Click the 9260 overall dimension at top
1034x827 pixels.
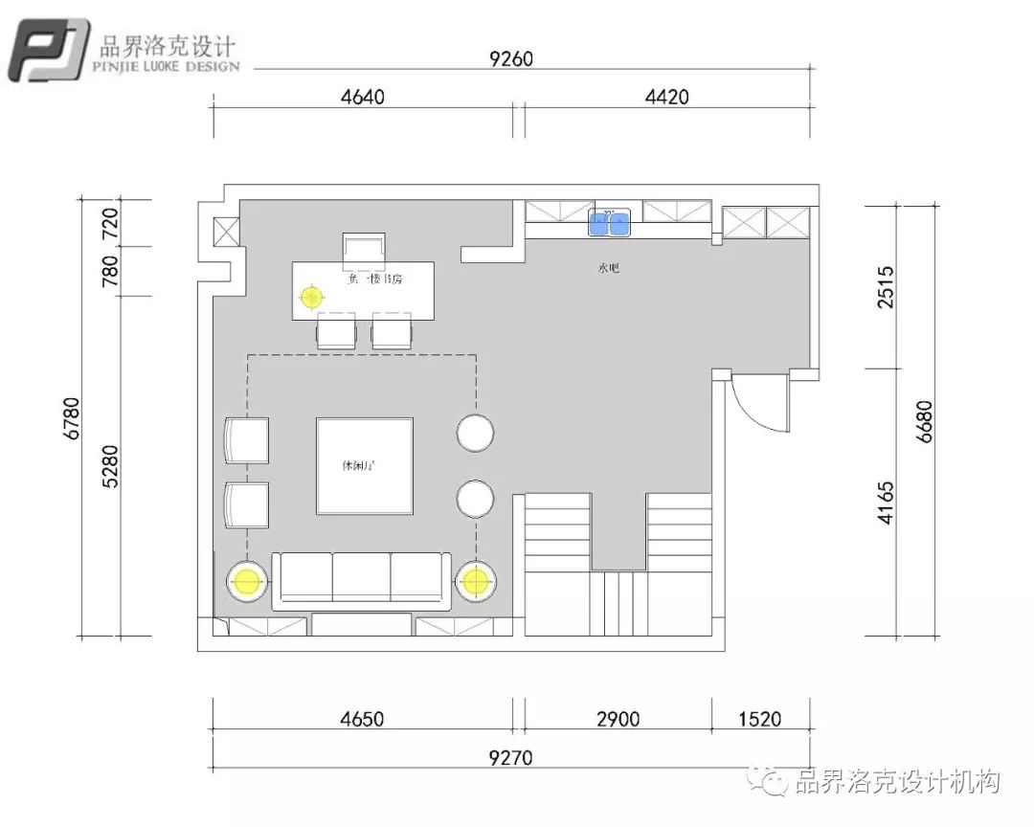pyautogui.click(x=510, y=59)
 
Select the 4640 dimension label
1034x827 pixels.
pyautogui.click(x=363, y=96)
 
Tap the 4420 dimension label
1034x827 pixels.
pyautogui.click(x=666, y=96)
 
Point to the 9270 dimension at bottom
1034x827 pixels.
pyautogui.click(x=510, y=758)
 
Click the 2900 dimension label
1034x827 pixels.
pyautogui.click(x=618, y=719)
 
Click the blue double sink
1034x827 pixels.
pyautogui.click(x=609, y=223)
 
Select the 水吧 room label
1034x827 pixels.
pyautogui.click(x=609, y=269)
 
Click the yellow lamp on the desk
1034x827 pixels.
pyautogui.click(x=310, y=297)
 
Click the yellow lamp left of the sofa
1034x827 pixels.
pyautogui.click(x=247, y=580)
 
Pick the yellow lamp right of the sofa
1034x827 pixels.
pyautogui.click(x=476, y=580)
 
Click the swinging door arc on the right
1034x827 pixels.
pyautogui.click(x=756, y=407)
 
